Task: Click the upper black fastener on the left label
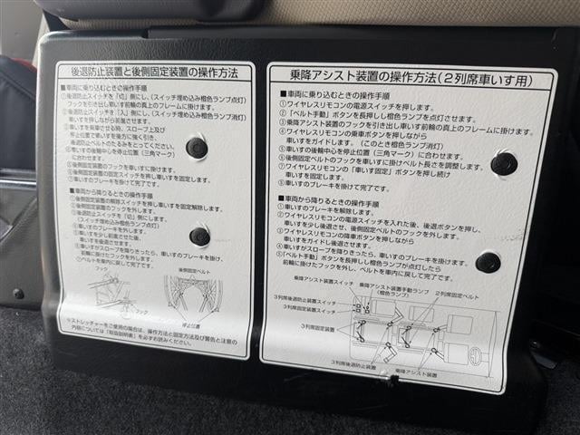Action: [196, 148]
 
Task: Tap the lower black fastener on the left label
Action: [199, 237]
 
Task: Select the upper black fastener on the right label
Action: [503, 163]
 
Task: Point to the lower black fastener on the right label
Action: [488, 262]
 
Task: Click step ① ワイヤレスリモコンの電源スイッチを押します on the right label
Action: [354, 105]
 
